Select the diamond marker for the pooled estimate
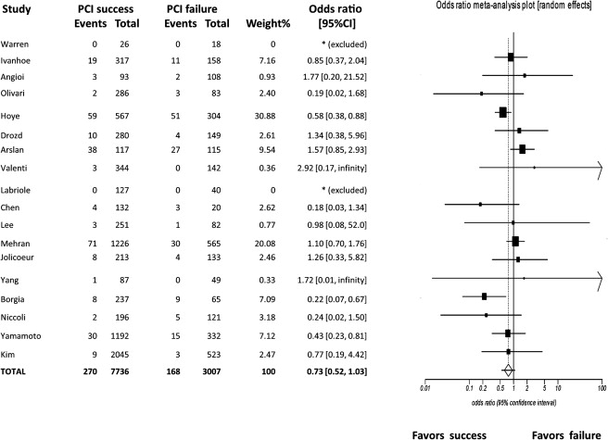pos(507,370)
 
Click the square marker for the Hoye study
pos(502,112)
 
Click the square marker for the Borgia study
pos(484,296)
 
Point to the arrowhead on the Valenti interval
pos(600,167)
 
